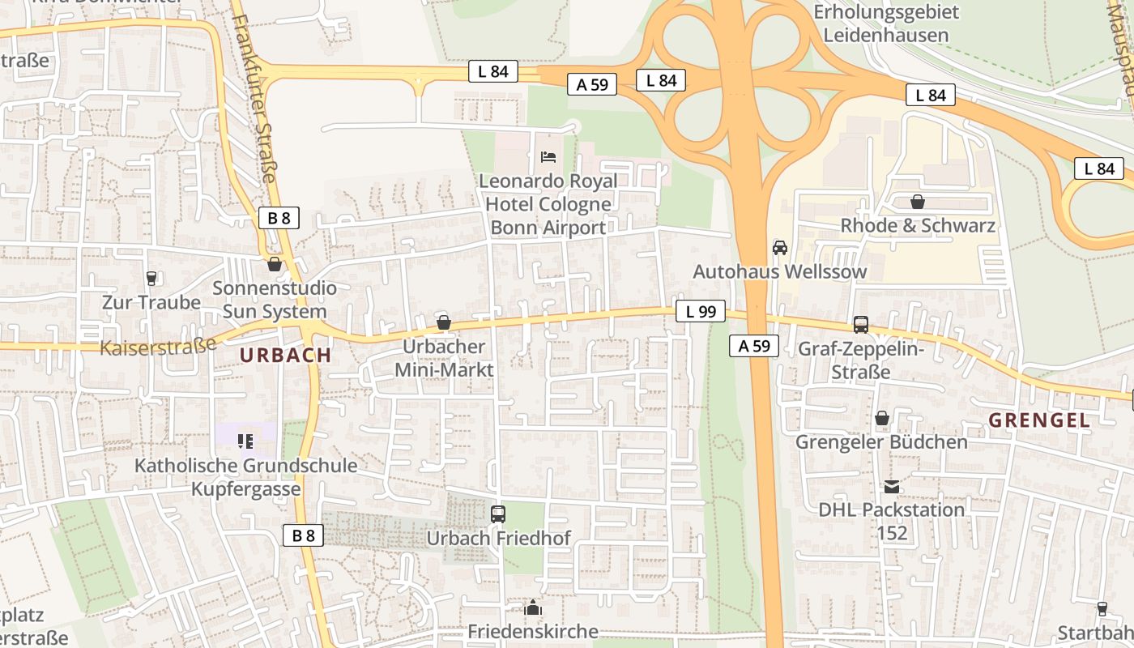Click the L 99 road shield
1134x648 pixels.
701,311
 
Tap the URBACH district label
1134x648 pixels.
285,355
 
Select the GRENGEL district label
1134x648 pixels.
1039,420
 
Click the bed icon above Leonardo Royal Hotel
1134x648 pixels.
548,156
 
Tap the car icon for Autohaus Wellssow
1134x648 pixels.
779,247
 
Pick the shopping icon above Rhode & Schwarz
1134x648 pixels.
917,201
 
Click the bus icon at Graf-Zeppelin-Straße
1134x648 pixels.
860,325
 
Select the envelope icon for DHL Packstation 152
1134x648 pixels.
891,486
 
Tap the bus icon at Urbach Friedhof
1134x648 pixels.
498,514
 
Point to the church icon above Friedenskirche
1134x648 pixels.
532,607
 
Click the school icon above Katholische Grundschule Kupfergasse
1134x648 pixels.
245,441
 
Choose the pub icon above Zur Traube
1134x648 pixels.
151,278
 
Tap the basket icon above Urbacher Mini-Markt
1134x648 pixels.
443,322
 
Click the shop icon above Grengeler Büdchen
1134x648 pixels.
881,418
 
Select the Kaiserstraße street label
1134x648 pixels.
158,346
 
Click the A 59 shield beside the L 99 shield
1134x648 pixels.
753,346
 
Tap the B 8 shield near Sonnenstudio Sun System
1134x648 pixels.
279,217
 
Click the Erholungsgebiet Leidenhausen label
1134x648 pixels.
885,23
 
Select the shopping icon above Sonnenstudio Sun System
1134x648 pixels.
274,264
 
